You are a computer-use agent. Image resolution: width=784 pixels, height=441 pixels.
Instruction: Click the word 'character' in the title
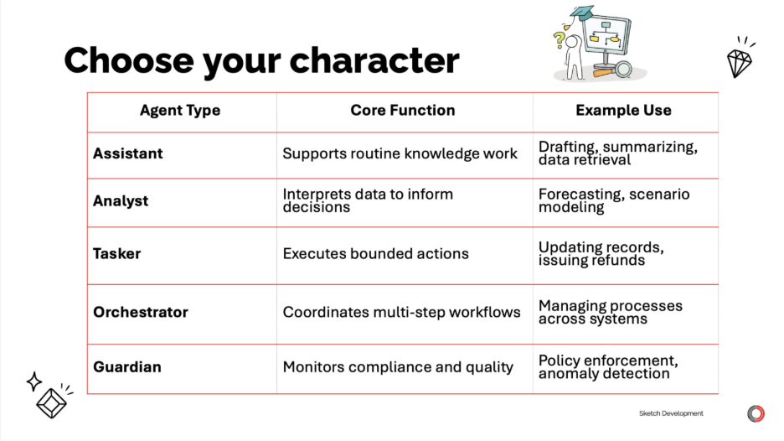(374, 60)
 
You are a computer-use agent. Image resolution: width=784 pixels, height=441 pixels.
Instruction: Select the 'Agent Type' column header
(180, 110)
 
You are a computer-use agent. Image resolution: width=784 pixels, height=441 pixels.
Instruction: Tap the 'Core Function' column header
(403, 110)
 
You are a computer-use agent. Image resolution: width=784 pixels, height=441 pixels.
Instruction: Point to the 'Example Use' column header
(623, 110)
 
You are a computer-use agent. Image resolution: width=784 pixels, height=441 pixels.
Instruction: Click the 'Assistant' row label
(128, 153)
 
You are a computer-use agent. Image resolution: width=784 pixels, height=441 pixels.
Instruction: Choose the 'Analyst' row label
(121, 200)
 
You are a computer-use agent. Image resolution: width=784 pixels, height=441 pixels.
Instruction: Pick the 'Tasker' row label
(117, 253)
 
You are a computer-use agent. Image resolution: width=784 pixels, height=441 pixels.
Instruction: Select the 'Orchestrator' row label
(141, 312)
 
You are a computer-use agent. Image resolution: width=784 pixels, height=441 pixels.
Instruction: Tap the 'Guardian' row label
(127, 367)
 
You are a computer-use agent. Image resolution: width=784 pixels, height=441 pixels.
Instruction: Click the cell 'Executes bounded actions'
(375, 253)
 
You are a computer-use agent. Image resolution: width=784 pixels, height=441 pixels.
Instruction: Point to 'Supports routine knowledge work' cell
(400, 153)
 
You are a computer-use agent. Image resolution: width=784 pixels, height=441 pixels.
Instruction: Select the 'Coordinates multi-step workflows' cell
(401, 312)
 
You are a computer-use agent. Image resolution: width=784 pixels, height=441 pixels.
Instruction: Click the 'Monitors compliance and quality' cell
(398, 367)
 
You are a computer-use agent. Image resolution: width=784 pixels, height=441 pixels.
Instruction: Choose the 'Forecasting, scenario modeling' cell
(614, 200)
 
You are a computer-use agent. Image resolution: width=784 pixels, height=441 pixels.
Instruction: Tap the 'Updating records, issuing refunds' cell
(601, 253)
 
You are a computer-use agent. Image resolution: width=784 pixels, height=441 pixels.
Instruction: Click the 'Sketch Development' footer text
(671, 413)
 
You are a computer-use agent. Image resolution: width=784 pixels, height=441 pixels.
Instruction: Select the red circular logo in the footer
(756, 413)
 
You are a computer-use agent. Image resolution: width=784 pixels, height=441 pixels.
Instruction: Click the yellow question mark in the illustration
(559, 40)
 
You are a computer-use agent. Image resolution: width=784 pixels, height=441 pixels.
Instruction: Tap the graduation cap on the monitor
(582, 13)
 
